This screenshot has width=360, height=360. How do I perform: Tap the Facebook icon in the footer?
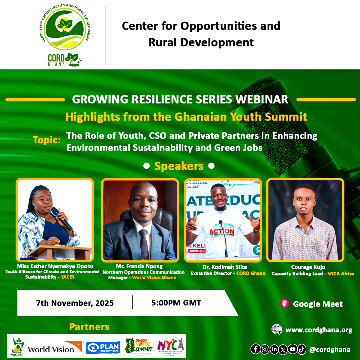coord(256,349)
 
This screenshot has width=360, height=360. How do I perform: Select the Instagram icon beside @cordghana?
coord(265,349)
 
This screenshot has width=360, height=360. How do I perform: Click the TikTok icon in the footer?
coord(301,349)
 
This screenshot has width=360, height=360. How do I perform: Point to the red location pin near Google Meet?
coord(284,303)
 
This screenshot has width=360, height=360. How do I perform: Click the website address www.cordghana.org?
coord(319,330)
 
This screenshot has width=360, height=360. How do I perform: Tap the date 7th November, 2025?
coord(75,303)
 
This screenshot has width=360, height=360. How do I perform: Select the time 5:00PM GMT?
coord(176,303)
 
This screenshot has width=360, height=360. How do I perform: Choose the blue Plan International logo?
coord(103,348)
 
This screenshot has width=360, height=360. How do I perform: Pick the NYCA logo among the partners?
coord(170,346)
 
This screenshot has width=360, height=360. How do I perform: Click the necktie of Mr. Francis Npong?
coord(143,243)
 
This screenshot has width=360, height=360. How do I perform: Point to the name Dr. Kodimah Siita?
coord(225,267)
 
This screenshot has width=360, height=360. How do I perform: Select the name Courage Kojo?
coord(308,267)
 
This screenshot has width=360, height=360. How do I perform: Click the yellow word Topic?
coord(47,140)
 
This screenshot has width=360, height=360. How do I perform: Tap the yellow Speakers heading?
coord(179,166)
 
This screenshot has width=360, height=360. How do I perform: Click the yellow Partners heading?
coord(89,327)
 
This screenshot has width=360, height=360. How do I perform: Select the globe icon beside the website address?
coord(277,329)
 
